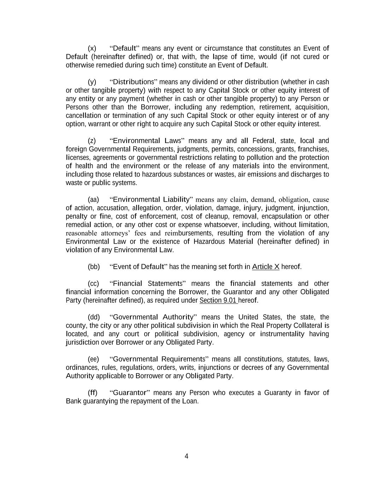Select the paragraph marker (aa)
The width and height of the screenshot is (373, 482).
coord(93,200)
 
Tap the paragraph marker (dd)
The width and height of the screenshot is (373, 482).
coord(94,317)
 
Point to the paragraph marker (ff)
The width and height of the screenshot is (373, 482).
coord(93,393)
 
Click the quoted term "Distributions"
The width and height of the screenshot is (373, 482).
coord(133,82)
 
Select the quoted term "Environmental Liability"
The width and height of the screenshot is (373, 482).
coord(151,200)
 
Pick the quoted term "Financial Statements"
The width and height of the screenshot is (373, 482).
coord(147,284)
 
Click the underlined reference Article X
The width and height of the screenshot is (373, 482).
coord(266,267)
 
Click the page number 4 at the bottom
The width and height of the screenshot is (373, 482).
coord(186,456)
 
